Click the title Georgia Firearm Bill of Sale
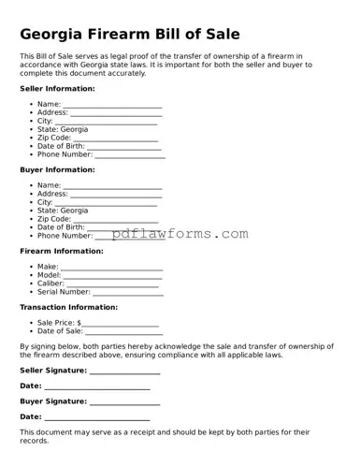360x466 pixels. click(130, 35)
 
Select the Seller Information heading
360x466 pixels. click(57, 88)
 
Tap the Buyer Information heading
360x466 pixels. click(57, 169)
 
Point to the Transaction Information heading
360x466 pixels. click(68, 307)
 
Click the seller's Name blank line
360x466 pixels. click(112, 105)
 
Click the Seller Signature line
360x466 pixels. click(124, 372)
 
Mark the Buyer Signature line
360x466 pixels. click(124, 402)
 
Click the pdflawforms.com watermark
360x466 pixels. click(180, 234)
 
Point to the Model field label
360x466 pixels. click(49, 276)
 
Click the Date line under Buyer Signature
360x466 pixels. click(97, 417)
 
